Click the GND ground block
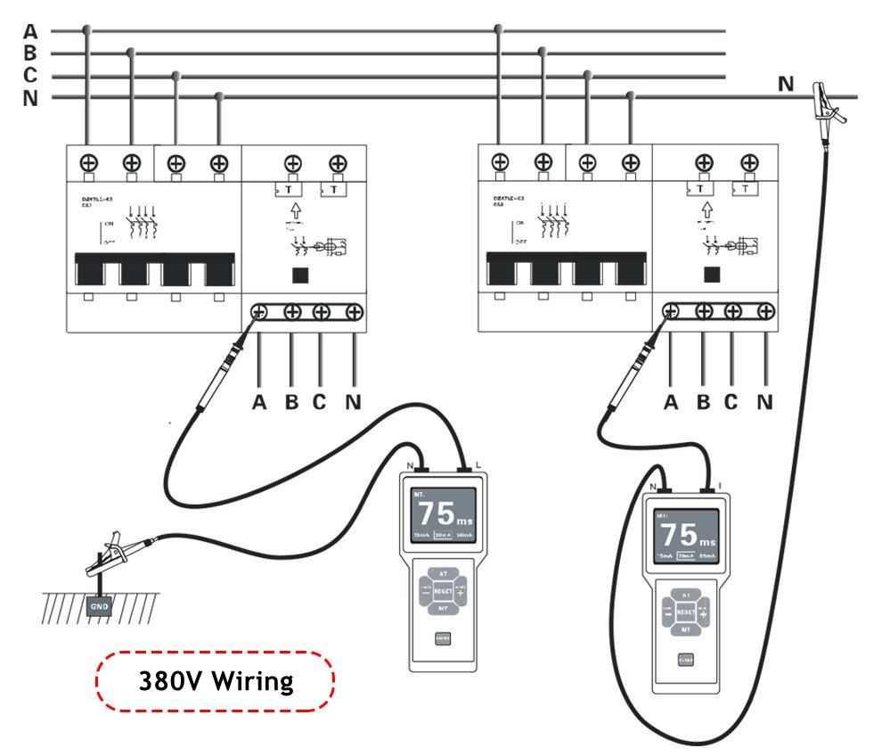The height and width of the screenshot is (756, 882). click(99, 607)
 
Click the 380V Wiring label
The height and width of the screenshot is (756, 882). click(216, 681)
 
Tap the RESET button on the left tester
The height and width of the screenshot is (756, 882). click(443, 591)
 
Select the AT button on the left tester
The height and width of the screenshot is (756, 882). click(443, 573)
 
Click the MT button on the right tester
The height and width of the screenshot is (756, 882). click(686, 629)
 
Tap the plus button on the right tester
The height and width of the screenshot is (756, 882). click(704, 612)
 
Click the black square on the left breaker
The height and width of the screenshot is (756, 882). click(300, 275)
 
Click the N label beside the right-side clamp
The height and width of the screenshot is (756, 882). click(785, 84)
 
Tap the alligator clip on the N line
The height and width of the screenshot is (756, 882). click(829, 100)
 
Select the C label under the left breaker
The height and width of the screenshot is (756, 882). click(320, 402)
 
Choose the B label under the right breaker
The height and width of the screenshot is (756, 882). click(703, 402)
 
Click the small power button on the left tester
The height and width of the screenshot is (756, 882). click(443, 637)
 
